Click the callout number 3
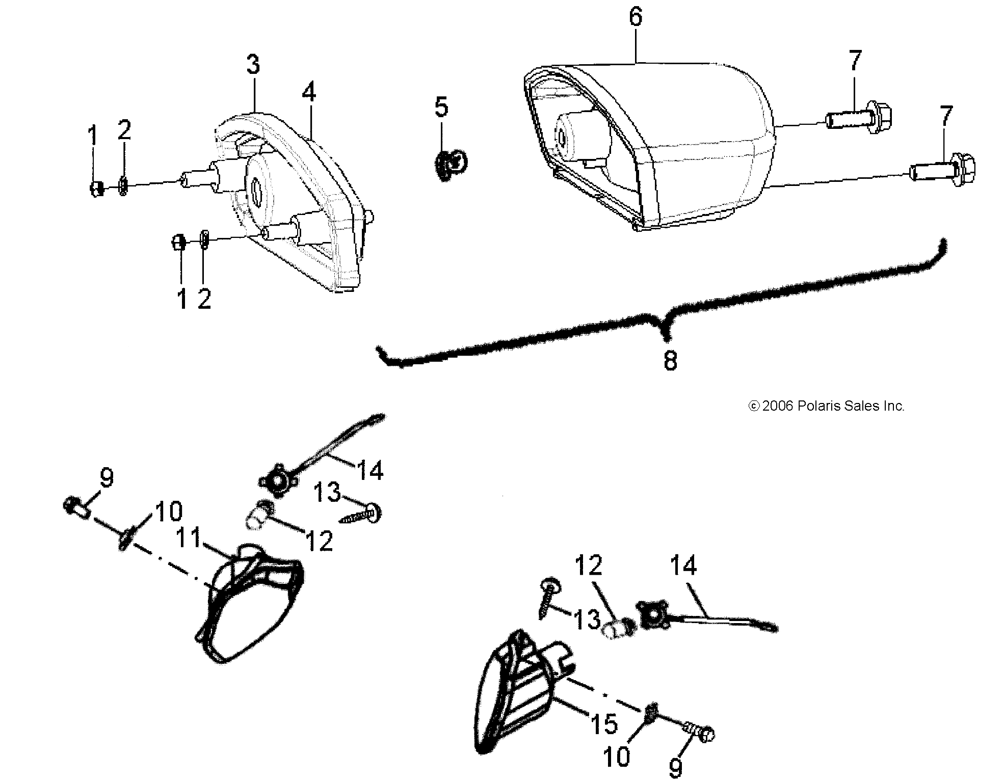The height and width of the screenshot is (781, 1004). tap(253, 65)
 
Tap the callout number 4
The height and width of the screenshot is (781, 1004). tap(309, 92)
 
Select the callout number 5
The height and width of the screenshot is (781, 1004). tap(441, 107)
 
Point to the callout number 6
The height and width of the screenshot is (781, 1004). tap(636, 17)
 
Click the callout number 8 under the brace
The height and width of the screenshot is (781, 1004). tap(670, 361)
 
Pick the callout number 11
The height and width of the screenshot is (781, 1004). tap(189, 538)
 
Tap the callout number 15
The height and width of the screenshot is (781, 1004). tap(604, 724)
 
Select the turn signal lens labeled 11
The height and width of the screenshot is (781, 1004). tap(250, 604)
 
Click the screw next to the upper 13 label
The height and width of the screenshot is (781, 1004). tap(361, 514)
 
